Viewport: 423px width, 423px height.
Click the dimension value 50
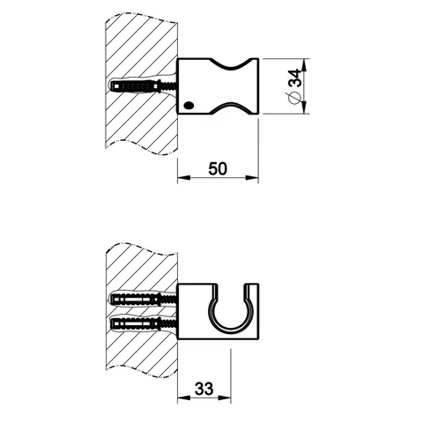(x=218, y=169)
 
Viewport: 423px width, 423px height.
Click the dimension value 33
(x=204, y=389)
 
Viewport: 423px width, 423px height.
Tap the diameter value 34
(x=295, y=78)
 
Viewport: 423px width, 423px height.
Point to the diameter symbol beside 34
(x=294, y=98)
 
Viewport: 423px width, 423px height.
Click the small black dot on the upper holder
(x=189, y=105)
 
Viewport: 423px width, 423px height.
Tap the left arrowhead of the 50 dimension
(x=183, y=177)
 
